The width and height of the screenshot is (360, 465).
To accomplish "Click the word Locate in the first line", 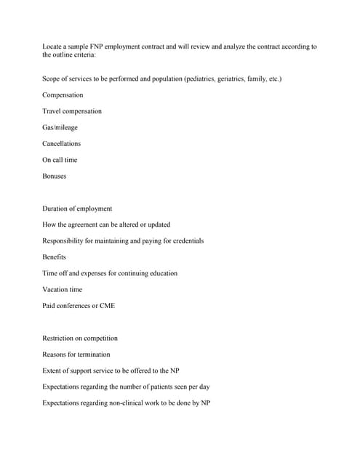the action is (53, 46).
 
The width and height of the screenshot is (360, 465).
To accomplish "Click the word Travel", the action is (52, 111).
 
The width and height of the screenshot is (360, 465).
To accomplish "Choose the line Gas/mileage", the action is (60, 127).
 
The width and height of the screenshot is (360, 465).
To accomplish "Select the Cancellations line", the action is (62, 143).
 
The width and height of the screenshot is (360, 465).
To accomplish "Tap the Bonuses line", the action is (55, 176).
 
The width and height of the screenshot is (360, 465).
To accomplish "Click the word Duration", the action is (56, 209).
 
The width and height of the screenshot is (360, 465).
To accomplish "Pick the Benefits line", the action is (55, 257).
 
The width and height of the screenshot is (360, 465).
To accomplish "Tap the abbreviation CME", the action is (107, 306).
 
